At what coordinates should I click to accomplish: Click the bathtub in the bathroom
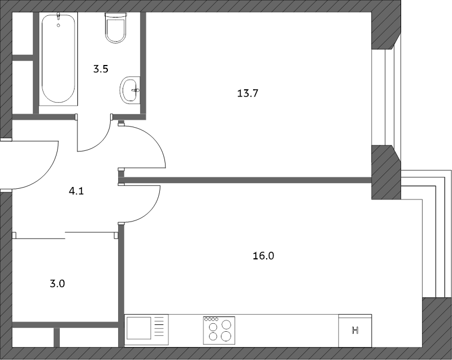point(58,59)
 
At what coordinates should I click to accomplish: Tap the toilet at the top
point(116,28)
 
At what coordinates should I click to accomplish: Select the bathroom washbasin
point(130,90)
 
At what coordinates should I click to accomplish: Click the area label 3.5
point(101,69)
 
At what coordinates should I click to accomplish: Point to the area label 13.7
point(247,93)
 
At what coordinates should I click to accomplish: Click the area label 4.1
point(76,191)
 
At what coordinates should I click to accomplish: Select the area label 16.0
point(263,255)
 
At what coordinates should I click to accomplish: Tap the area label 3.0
point(58,284)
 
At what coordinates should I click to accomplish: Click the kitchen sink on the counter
point(138,328)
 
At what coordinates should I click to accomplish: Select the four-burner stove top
point(219,330)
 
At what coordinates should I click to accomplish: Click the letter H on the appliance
point(355,330)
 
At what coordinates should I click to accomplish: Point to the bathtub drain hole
point(59,25)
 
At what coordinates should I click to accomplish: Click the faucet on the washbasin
point(135,90)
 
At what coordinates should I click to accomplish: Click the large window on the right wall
point(386,97)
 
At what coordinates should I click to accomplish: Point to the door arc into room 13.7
point(152,138)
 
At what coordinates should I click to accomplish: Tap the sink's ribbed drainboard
point(159,328)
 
